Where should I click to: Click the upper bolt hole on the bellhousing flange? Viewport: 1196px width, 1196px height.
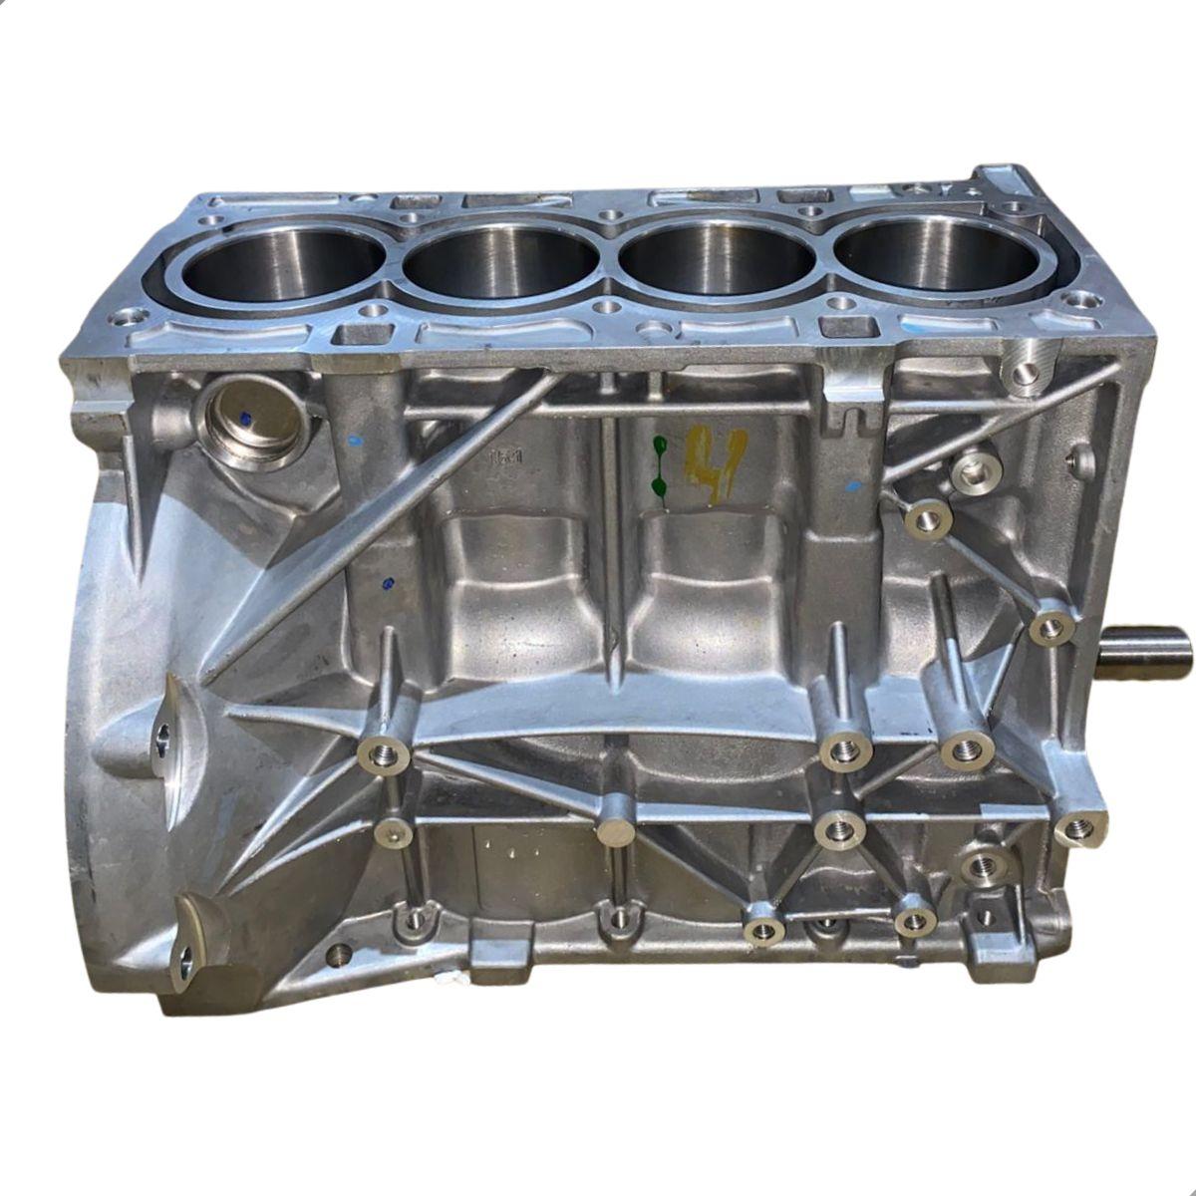click(x=163, y=736)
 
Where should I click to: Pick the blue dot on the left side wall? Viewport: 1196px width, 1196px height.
click(x=387, y=584)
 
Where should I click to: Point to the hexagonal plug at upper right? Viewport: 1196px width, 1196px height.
click(x=974, y=470)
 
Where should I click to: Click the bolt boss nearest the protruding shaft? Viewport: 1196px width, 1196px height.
click(x=1050, y=626)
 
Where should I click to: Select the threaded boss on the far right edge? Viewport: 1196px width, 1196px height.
click(x=1079, y=826)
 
